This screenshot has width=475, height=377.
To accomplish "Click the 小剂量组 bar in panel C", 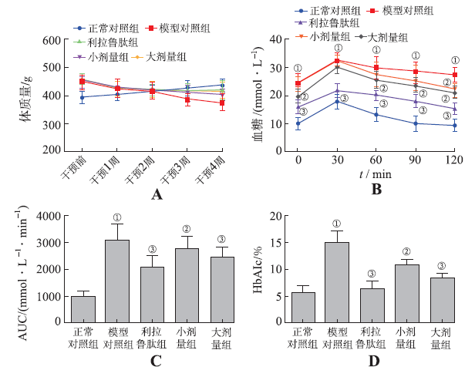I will point(185,285).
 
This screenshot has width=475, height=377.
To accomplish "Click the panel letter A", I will point(157,196).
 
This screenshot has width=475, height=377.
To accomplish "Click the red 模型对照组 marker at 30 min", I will point(337,60).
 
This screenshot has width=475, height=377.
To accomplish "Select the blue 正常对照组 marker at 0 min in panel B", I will point(298,123).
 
